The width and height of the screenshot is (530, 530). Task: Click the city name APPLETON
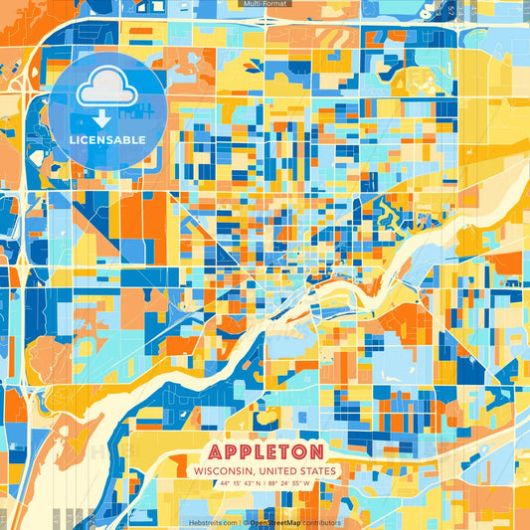click(265, 449)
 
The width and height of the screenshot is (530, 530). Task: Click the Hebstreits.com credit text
click(213, 522)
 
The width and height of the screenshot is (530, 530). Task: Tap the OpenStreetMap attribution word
click(275, 522)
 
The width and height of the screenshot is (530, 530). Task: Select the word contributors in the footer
click(322, 522)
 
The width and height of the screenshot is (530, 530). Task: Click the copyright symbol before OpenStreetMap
click(246, 522)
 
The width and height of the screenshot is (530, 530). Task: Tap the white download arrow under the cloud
click(101, 118)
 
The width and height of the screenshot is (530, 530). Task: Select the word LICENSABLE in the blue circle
click(106, 139)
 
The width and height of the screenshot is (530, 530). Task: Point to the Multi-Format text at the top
click(264, 4)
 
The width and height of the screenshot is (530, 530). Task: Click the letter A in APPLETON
click(217, 449)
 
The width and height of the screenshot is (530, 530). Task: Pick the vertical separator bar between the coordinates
click(265, 484)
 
